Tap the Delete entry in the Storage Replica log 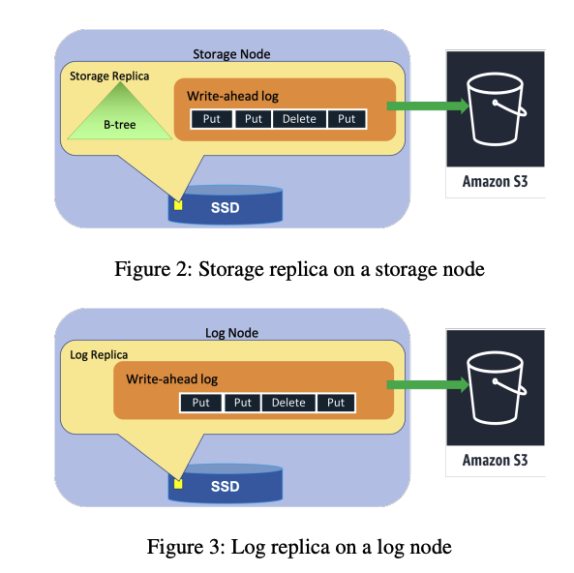(299, 119)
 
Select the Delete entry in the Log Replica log (288, 403)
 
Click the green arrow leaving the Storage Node (428, 106)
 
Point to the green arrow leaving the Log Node (428, 385)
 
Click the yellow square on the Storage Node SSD (178, 205)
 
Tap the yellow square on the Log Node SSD (178, 484)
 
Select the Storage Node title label (231, 54)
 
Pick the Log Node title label (231, 333)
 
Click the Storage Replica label (109, 76)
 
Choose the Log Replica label (99, 355)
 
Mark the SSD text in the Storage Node (226, 207)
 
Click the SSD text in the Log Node (226, 487)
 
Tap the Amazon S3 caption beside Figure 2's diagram (496, 182)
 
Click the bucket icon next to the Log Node (497, 388)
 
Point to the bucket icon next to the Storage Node (497, 109)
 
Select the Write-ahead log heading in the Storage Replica (233, 96)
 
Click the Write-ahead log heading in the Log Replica (172, 379)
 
